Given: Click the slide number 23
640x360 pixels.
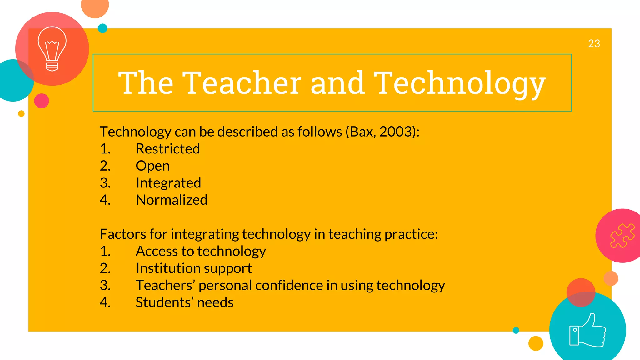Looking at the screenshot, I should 594,43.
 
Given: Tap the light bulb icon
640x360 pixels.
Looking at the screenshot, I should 52,49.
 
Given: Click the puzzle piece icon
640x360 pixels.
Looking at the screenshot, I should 622,236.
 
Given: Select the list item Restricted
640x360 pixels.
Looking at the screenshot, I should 168,149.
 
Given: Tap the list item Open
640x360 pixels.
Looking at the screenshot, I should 152,166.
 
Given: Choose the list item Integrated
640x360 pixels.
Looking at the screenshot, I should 168,183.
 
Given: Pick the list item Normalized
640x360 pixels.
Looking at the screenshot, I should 172,200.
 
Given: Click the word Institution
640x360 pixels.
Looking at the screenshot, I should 167,268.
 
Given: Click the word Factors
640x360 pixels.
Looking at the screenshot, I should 122,234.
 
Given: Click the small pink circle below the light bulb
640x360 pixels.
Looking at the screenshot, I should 42,101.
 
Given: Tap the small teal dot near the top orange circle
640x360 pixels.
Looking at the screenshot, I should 102,28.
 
